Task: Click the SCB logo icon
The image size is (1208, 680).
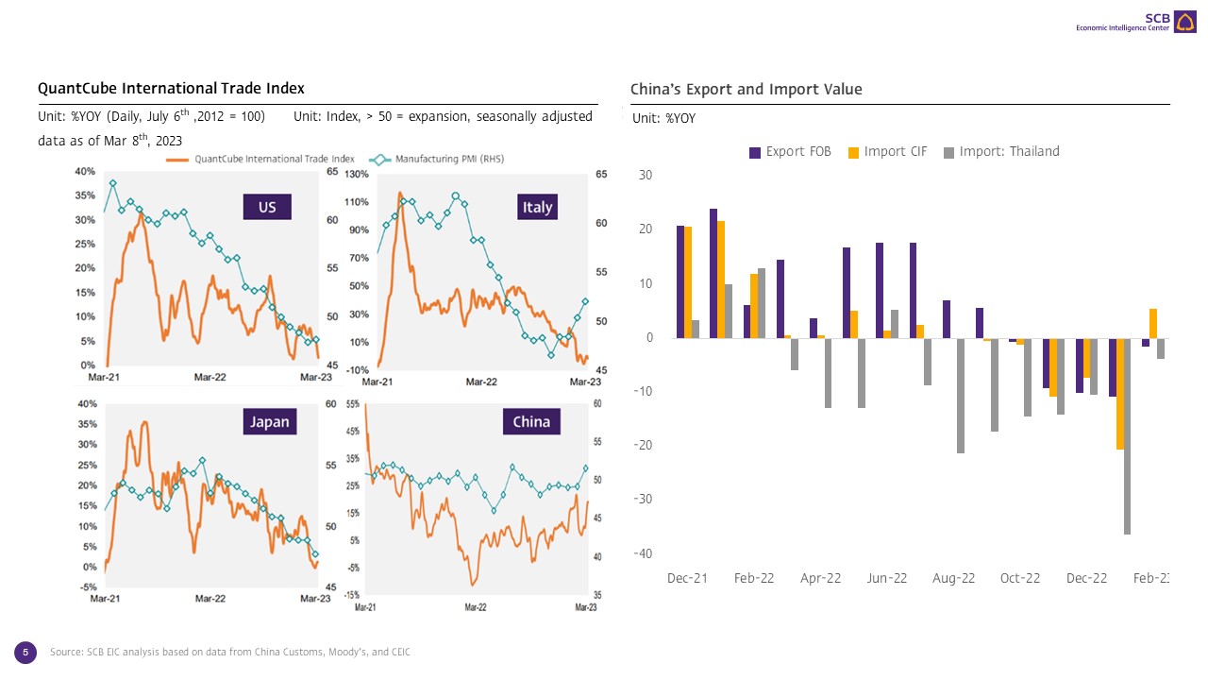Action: click(1184, 22)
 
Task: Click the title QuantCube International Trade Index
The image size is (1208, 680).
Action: click(171, 89)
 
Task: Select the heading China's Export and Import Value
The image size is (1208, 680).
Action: click(746, 90)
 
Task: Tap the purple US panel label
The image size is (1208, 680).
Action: click(267, 207)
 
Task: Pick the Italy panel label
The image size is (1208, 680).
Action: click(537, 207)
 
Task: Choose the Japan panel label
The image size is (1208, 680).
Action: click(269, 421)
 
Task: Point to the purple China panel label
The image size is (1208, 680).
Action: click(531, 421)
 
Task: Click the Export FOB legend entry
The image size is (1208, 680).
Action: click(790, 152)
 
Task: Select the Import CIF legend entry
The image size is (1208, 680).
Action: click(888, 152)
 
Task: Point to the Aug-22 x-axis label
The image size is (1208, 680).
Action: click(953, 578)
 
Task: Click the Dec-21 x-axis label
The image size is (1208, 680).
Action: click(687, 578)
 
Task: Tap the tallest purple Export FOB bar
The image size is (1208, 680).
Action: click(713, 273)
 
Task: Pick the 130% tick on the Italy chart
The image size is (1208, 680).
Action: click(357, 175)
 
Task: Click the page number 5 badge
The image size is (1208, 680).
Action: click(25, 652)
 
